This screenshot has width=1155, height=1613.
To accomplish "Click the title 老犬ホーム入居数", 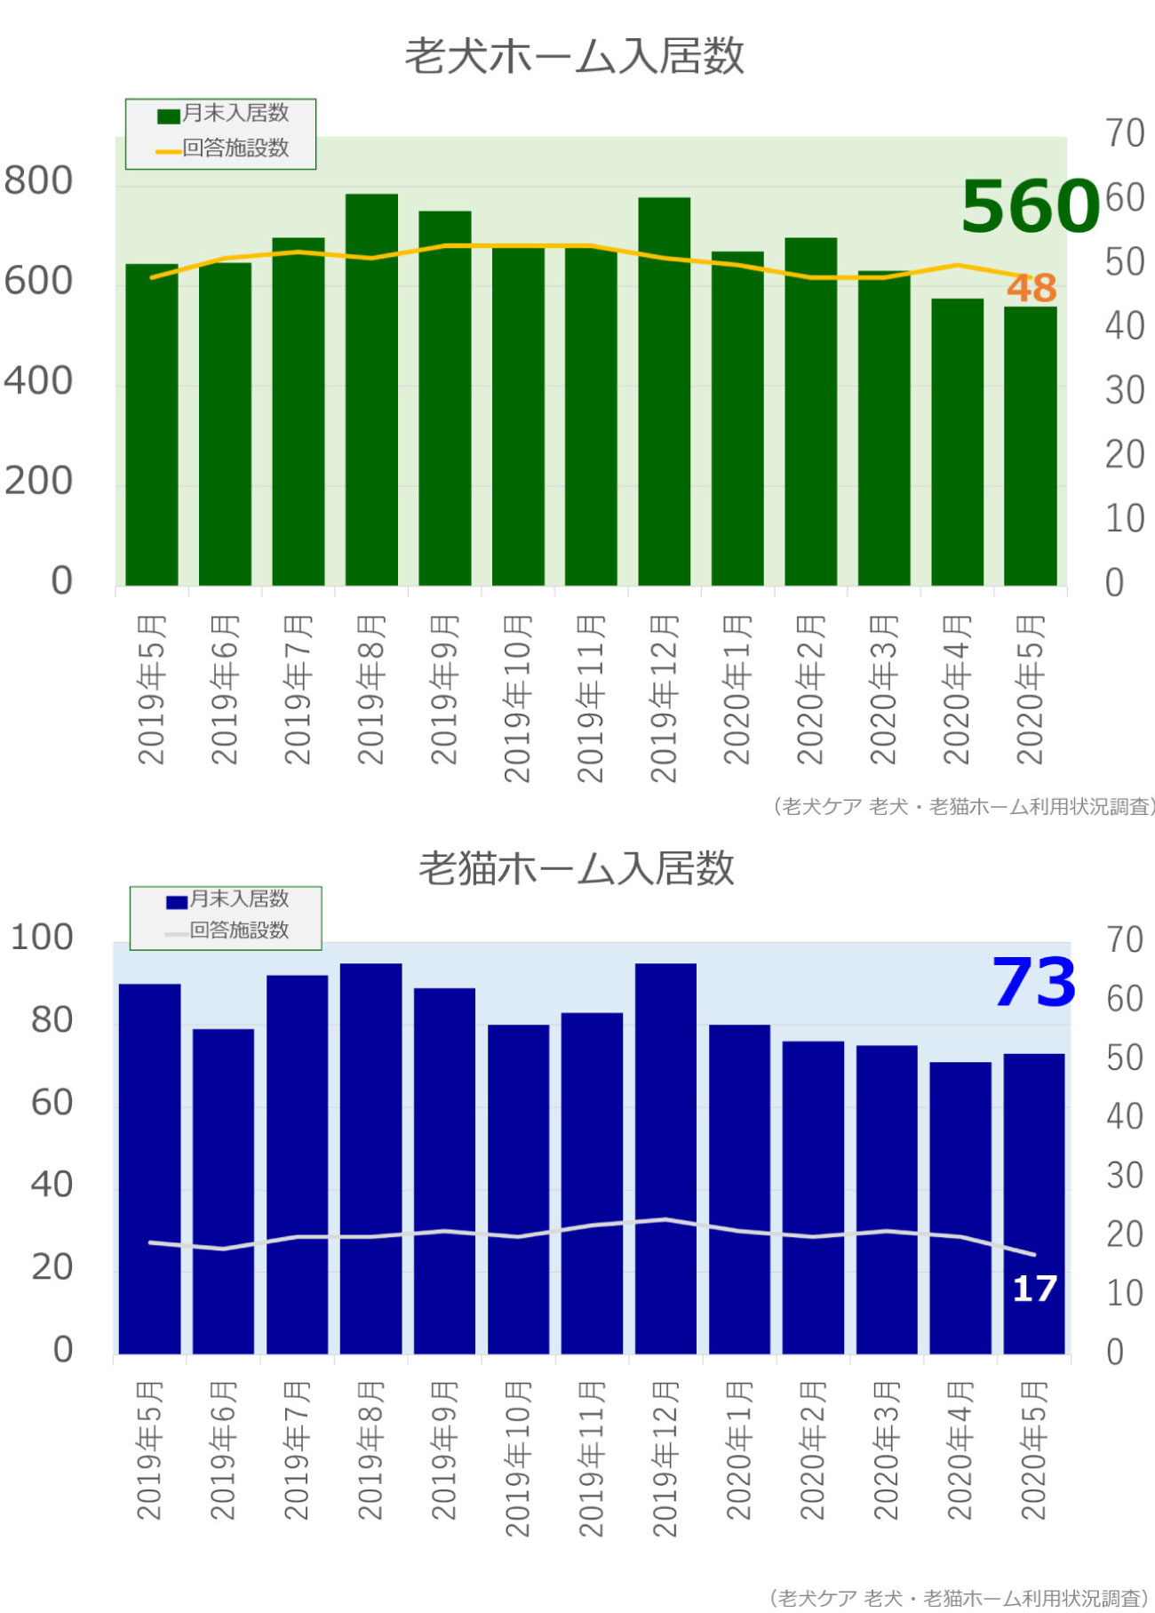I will (575, 56).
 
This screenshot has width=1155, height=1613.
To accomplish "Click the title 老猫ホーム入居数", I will (577, 868).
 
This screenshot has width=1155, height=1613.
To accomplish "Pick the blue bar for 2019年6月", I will (223, 1191).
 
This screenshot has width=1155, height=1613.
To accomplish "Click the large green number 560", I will (1030, 206).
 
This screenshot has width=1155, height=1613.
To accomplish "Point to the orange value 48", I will (1032, 288).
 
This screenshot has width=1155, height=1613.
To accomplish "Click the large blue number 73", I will (1033, 983).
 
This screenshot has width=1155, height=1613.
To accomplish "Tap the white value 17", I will (1034, 1289).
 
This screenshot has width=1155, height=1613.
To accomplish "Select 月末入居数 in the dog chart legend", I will (235, 114).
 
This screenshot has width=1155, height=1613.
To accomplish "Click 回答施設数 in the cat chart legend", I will (239, 930).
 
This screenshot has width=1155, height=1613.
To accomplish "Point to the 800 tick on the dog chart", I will (38, 180).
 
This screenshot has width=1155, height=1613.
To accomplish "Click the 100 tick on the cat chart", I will (41, 938).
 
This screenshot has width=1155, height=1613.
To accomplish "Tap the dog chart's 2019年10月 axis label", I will (517, 699).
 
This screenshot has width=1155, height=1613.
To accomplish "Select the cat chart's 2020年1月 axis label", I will (738, 1451).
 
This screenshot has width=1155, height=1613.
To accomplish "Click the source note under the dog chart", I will (963, 807).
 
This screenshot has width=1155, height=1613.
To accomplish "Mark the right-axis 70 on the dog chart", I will (1124, 133).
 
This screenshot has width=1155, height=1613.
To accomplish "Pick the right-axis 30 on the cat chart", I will (1124, 1176).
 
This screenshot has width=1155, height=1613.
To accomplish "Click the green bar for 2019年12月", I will (664, 391).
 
